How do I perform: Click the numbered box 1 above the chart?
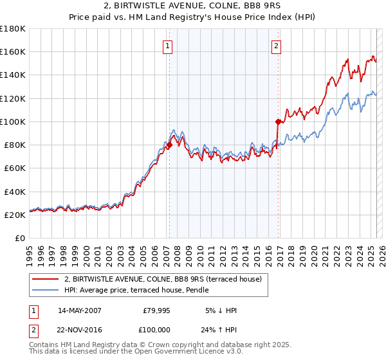coord(167,46)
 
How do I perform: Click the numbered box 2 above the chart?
coord(276,46)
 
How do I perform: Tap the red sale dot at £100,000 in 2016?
coord(278,122)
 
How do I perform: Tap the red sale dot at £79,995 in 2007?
coord(169,145)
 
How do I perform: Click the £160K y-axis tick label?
coord(12,51)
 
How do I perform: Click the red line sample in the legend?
coord(45,280)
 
